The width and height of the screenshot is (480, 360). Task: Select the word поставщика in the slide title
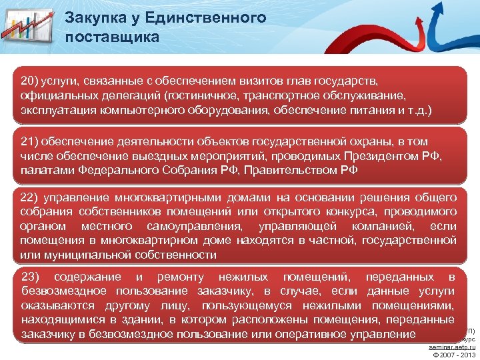pos(113,37)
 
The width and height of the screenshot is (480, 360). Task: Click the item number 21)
pos(31,142)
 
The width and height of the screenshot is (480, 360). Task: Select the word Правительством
pos(293,169)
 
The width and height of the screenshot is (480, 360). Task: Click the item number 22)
pos(31,198)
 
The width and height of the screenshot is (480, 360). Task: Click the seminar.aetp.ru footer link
pos(452,347)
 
